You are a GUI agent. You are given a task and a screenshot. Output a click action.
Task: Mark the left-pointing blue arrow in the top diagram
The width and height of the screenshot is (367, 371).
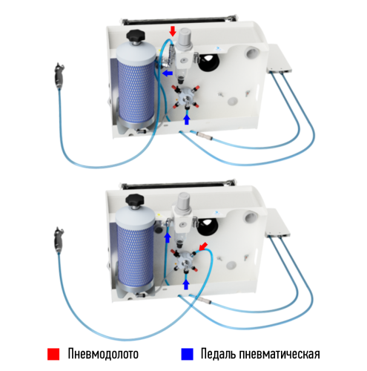coord(168,74)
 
